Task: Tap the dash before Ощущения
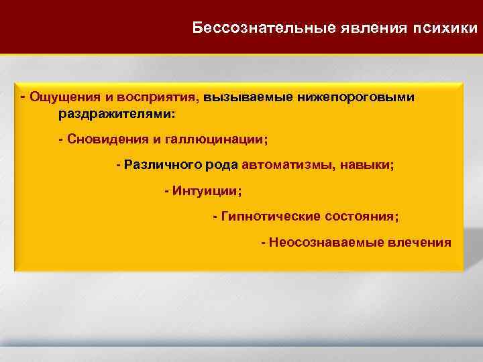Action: [x=23, y=97]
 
